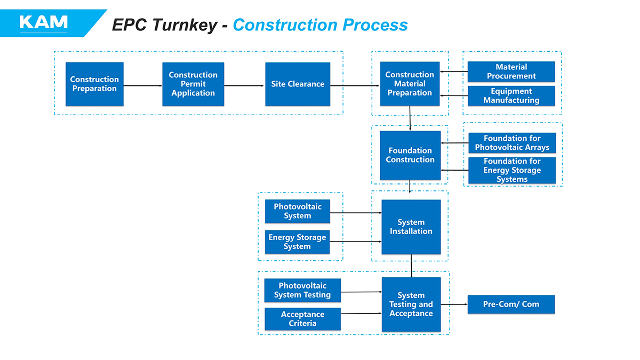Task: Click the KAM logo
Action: click(43, 22)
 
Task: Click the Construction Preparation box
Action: click(94, 84)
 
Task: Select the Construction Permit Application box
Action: click(193, 84)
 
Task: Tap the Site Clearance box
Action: click(298, 84)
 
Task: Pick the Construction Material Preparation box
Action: click(410, 84)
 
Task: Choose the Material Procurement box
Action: click(511, 71)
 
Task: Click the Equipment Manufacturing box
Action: click(511, 96)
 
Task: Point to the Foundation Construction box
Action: click(410, 155)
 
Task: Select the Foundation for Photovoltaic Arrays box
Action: click(512, 143)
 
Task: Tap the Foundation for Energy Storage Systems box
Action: click(512, 170)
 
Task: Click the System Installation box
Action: click(411, 227)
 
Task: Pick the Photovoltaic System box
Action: click(298, 211)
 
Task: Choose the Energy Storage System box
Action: click(297, 242)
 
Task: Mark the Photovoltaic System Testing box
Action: click(302, 290)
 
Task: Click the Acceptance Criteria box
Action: click(302, 319)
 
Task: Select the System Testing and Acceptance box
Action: click(411, 305)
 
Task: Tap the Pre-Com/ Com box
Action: click(511, 305)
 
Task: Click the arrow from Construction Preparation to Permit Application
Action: click(143, 85)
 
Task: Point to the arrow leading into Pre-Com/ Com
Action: click(454, 305)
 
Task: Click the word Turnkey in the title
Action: click(187, 25)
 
